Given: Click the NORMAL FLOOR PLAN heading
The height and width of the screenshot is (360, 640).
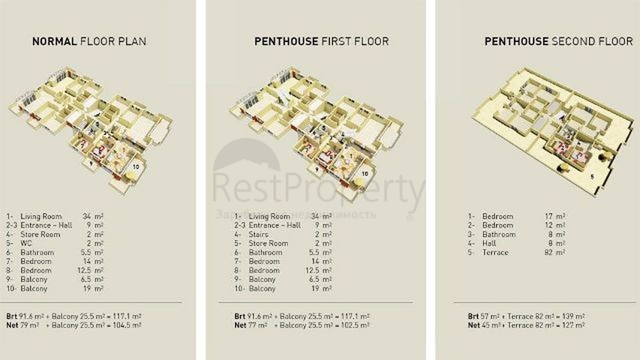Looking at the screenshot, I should tap(89, 41).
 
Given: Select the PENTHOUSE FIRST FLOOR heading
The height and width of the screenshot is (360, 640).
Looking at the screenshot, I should tap(321, 41).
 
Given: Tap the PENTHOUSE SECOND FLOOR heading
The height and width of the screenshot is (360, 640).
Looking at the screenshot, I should tap(558, 41).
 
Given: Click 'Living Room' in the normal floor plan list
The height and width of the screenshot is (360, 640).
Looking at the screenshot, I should tap(42, 216).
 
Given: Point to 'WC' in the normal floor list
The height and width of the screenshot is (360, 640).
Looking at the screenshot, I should tap(27, 243).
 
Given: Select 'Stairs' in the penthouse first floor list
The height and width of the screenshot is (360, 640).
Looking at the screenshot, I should tap(258, 234).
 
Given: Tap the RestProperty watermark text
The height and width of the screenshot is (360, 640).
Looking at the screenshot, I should tap(318, 187).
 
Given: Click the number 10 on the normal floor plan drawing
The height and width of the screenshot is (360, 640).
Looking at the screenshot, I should tap(136, 166).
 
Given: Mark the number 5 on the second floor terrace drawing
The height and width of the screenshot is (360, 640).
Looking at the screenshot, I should tap(592, 176).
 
